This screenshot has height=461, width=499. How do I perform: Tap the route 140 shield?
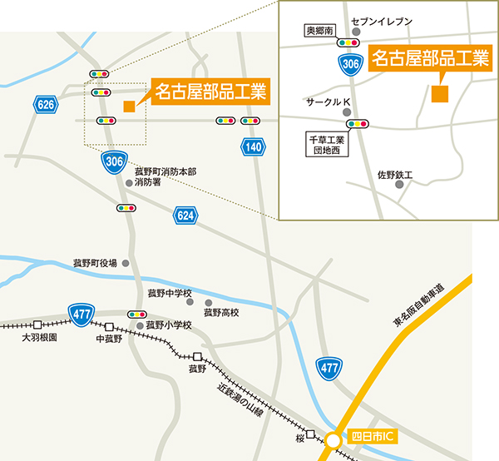[x=254, y=147]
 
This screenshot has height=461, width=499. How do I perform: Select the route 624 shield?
[x=186, y=216]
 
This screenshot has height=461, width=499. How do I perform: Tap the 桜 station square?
[x=310, y=434]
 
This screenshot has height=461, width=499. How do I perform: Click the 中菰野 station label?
[x=109, y=339]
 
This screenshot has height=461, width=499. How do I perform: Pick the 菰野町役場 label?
[x=95, y=263]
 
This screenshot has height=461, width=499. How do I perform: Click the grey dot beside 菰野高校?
[x=207, y=301]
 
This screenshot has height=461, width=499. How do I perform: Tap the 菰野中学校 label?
[x=170, y=293]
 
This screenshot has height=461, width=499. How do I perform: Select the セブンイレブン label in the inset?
[x=382, y=21]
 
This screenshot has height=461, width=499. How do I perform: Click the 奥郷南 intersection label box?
[x=320, y=31]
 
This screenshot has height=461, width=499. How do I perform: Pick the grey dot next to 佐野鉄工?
[x=399, y=186]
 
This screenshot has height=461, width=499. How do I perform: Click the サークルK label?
[x=329, y=102]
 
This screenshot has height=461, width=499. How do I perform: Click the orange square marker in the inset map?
[x=439, y=92]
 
